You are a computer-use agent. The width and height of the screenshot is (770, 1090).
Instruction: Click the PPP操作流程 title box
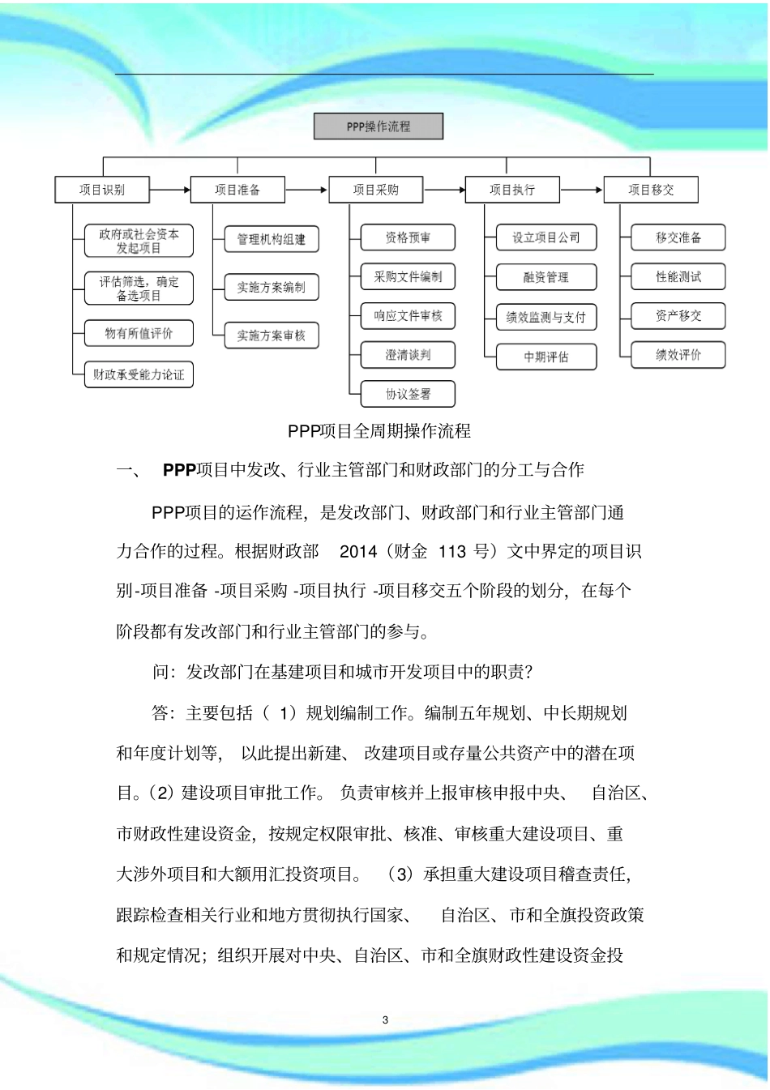379,126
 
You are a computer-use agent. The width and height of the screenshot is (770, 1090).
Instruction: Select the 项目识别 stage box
102,190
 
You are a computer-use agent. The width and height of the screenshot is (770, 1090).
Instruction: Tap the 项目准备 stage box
237,190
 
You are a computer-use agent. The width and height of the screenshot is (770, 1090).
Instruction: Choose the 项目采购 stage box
375,190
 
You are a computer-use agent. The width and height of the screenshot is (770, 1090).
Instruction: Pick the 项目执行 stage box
512,190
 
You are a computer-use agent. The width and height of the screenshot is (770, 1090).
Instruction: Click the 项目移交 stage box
651,190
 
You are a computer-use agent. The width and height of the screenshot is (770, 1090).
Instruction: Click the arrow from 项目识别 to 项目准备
169,190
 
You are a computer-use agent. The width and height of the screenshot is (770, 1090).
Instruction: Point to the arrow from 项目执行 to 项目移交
581,190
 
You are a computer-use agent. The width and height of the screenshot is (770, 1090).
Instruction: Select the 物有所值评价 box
139,333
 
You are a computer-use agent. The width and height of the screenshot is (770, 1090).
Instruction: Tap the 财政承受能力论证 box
139,374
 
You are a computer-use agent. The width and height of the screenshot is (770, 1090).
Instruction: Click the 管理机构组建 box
272,239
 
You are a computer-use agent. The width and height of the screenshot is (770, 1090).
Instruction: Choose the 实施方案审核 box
272,336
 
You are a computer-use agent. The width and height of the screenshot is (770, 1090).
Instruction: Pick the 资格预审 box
408,237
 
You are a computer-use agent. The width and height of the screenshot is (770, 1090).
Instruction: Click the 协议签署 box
408,394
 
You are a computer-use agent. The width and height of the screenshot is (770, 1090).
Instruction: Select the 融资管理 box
545,277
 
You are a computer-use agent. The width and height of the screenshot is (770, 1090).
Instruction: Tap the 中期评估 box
545,357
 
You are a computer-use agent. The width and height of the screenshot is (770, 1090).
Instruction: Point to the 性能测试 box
678,277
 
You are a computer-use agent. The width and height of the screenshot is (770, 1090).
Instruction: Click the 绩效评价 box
678,355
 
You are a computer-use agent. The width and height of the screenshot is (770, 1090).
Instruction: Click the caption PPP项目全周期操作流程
379,431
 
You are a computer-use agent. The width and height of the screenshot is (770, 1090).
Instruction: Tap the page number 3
385,1020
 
